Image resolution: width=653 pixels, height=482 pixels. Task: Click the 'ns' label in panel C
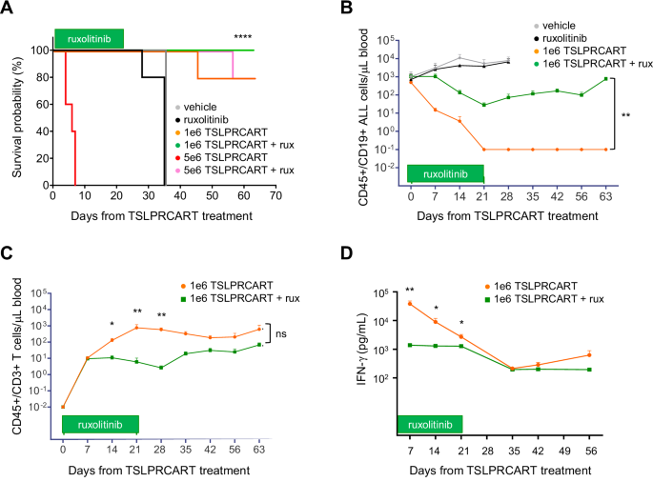pos(282,334)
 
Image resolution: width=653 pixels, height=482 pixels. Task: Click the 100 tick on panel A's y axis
pos(39,50)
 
